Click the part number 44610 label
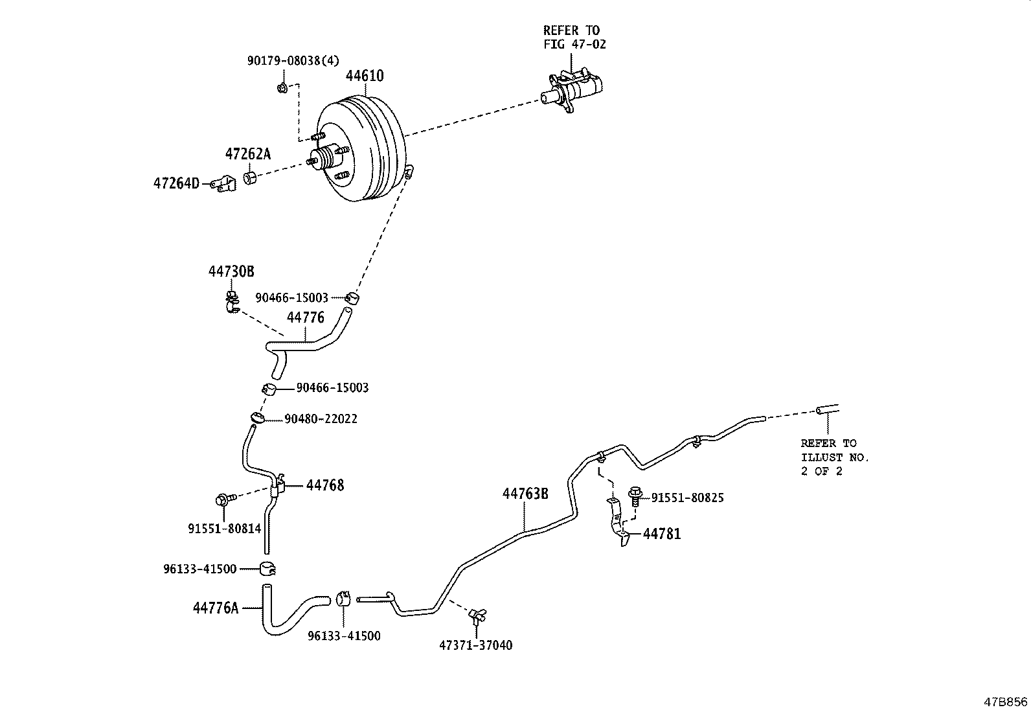[x=365, y=76]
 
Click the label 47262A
[x=247, y=154]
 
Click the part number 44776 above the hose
[x=306, y=317]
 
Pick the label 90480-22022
[x=321, y=419]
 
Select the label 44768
[x=325, y=485]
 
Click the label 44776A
[x=216, y=608]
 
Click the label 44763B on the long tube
[x=525, y=494]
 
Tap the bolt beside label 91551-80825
[x=635, y=498]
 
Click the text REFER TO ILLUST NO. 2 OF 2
[x=834, y=457]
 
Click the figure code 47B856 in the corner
[x=1006, y=701]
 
